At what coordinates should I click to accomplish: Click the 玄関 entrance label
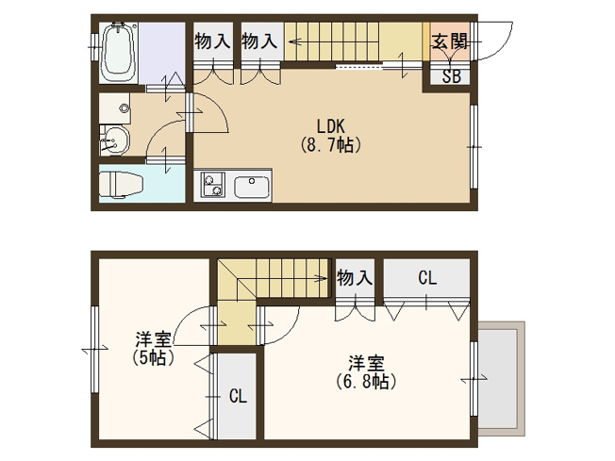click(x=448, y=41)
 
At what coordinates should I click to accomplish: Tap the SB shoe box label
click(x=451, y=76)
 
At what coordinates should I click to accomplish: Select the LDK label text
click(x=331, y=125)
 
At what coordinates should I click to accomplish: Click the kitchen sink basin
click(x=252, y=186)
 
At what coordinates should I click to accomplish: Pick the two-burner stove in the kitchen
click(x=211, y=185)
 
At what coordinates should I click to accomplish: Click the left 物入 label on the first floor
click(x=212, y=41)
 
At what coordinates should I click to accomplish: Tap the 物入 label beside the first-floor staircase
click(x=259, y=41)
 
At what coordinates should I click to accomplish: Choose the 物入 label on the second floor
click(x=355, y=278)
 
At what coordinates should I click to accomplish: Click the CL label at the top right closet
click(x=427, y=278)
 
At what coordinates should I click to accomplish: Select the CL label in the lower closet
click(x=237, y=396)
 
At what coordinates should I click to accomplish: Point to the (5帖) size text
click(x=151, y=358)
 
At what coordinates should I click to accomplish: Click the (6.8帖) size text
click(x=365, y=382)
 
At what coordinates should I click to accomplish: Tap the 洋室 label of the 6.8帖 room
click(x=365, y=362)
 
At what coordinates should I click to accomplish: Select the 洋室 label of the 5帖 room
click(x=152, y=339)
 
